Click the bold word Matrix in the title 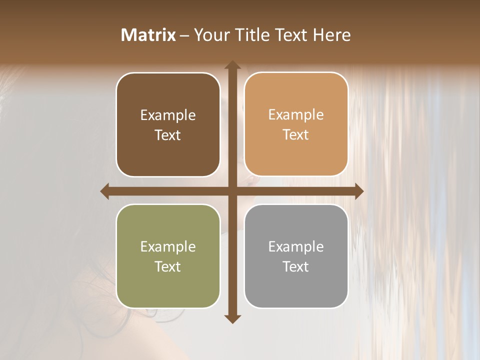[x=148, y=35]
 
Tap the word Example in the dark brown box [x=168, y=115]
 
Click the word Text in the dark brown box [x=168, y=135]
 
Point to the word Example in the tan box [x=296, y=115]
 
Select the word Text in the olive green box [x=168, y=266]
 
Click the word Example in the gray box [x=296, y=246]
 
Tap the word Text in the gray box [x=296, y=266]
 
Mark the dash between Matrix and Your [x=184, y=35]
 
